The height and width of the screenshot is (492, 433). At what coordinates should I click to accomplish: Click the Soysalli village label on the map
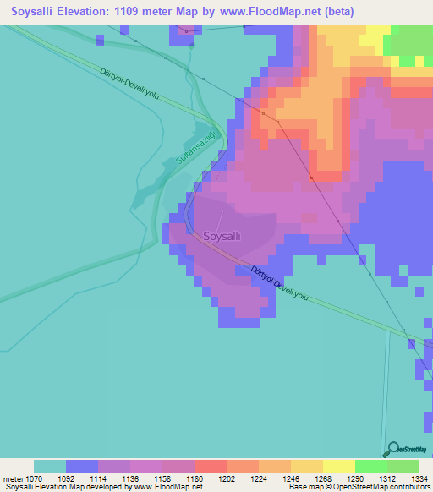pyautogui.click(x=223, y=237)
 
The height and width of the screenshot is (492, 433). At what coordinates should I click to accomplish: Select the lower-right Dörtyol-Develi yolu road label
pyautogui.click(x=282, y=285)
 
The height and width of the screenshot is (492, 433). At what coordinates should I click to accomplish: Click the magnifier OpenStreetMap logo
pyautogui.click(x=392, y=449)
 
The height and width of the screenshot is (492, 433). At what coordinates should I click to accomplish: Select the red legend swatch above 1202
pyautogui.click(x=210, y=465)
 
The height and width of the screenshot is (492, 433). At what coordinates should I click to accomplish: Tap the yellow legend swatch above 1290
pyautogui.click(x=338, y=465)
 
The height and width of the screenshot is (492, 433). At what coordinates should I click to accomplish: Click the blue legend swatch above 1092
pyautogui.click(x=81, y=465)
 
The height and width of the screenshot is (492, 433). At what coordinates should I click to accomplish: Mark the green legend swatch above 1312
pyautogui.click(x=370, y=465)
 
